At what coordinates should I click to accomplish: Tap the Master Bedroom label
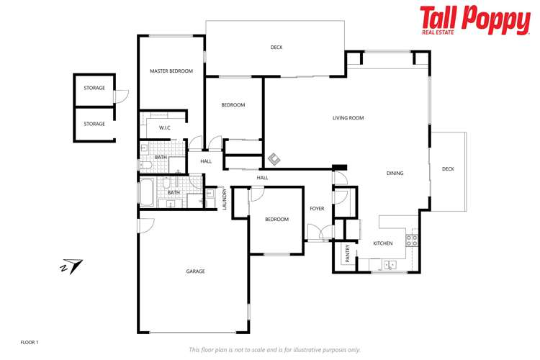pyautogui.click(x=171, y=71)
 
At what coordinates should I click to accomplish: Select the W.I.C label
pyautogui.click(x=164, y=127)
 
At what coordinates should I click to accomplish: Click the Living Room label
pyautogui.click(x=348, y=118)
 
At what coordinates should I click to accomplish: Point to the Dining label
pyautogui.click(x=395, y=173)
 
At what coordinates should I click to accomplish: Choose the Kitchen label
pyautogui.click(x=382, y=243)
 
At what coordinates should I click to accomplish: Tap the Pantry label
pyautogui.click(x=347, y=253)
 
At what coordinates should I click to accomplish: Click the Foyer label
pyautogui.click(x=317, y=209)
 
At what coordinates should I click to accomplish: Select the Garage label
pyautogui.click(x=196, y=271)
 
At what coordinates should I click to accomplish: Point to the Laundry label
pyautogui.click(x=225, y=198)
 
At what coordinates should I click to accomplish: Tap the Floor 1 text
pyautogui.click(x=30, y=342)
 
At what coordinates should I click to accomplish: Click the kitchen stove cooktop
pyautogui.click(x=413, y=240)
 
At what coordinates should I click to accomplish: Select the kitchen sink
pyautogui.click(x=389, y=265)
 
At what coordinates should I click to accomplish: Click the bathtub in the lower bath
pyautogui.click(x=147, y=192)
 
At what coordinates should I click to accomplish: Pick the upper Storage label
pyautogui.click(x=94, y=88)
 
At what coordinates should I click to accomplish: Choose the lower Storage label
pyautogui.click(x=94, y=124)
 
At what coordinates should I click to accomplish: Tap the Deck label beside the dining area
pyautogui.click(x=448, y=169)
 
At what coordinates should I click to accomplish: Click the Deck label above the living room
pyautogui.click(x=276, y=48)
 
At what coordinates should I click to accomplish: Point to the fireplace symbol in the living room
pyautogui.click(x=275, y=158)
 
